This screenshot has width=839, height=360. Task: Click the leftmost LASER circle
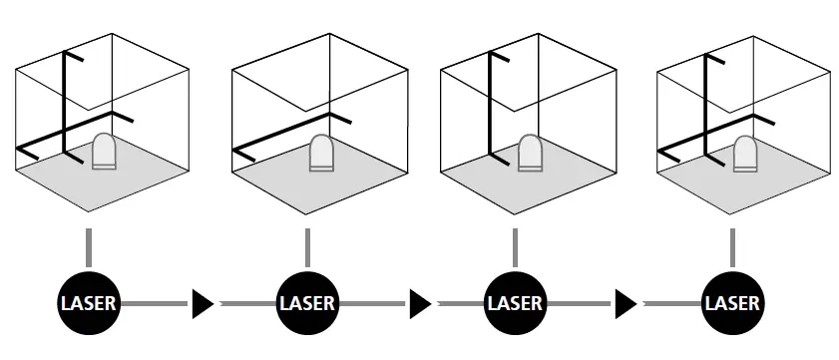89,302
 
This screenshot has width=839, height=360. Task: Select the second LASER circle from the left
307,302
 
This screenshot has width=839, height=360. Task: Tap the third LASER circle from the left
515,302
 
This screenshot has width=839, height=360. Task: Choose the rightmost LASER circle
732,302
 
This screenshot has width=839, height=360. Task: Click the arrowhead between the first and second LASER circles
203,302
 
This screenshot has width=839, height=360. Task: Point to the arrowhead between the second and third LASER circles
420,302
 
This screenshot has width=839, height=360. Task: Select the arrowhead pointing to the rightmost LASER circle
627,302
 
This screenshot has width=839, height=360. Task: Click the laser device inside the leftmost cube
105,152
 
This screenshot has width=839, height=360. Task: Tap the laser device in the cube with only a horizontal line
321,155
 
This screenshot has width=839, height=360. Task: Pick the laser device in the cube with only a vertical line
531,154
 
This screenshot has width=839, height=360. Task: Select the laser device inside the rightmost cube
746,155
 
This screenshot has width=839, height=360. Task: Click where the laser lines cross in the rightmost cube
708,132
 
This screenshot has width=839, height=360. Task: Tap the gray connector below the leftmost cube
89,245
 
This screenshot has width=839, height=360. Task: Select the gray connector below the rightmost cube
732,245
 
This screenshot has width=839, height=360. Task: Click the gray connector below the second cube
307,245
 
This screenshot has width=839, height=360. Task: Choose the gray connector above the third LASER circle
515,245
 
